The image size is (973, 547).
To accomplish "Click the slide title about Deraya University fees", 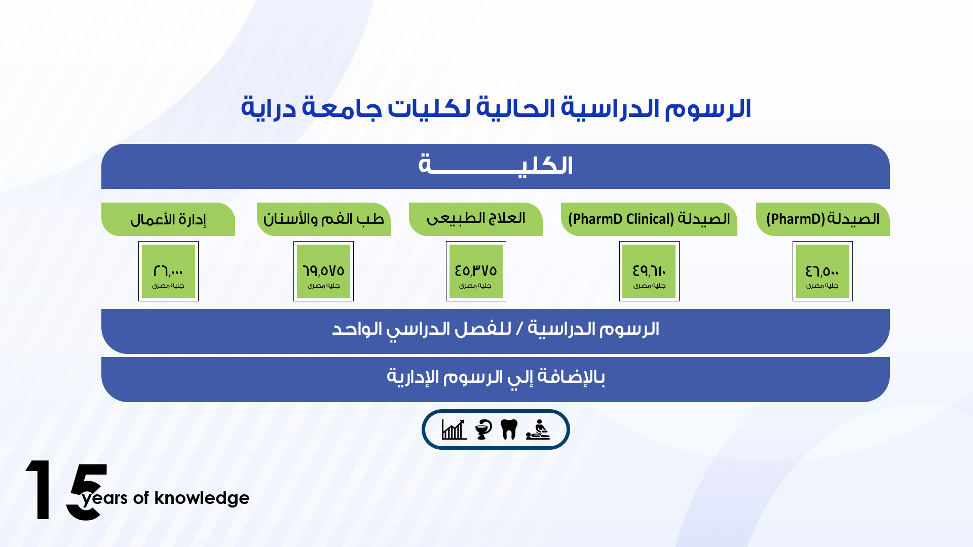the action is (496, 108).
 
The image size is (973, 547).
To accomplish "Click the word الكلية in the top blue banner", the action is (496, 165).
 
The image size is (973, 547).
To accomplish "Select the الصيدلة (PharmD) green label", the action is (823, 219).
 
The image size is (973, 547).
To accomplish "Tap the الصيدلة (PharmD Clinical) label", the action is (649, 219).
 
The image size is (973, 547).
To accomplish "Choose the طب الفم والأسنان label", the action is (324, 219).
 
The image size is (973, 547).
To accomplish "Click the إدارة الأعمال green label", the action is (168, 219).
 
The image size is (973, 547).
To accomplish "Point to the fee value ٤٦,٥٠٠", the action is (822, 271).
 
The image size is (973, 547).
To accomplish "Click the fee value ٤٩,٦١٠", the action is (649, 271).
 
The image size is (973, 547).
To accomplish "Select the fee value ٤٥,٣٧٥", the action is (476, 271).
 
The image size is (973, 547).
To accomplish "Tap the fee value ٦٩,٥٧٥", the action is (323, 271).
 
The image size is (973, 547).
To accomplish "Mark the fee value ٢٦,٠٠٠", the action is (168, 271).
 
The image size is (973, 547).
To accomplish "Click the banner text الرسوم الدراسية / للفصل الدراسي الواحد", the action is (496, 329).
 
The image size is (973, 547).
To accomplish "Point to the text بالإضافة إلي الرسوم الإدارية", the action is (496, 377).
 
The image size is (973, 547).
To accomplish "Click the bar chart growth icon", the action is (454, 429).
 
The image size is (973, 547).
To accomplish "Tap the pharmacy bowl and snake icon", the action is (483, 429).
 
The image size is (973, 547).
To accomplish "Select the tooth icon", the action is (509, 429).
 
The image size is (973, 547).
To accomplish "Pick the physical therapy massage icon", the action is (538, 429).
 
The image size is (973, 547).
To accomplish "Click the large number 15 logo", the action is (66, 490).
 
